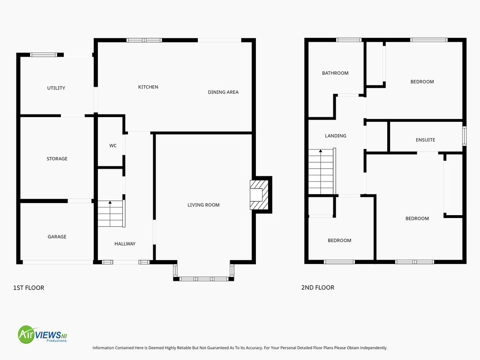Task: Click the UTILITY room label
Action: click(x=56, y=88)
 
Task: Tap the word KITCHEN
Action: click(x=148, y=87)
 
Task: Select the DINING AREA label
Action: click(x=223, y=92)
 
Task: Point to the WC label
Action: click(x=113, y=146)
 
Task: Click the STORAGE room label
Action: click(x=57, y=158)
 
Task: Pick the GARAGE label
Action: click(x=57, y=237)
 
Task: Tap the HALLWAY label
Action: click(x=125, y=244)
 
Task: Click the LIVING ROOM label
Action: click(x=203, y=205)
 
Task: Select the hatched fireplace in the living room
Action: click(x=259, y=195)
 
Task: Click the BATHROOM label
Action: click(x=335, y=73)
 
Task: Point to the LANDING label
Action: click(x=336, y=135)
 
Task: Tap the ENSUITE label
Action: click(x=426, y=140)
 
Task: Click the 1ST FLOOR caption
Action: click(x=29, y=288)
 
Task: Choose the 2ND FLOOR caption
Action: click(x=318, y=287)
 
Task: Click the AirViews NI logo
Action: click(x=42, y=334)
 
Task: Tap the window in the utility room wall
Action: click(x=44, y=55)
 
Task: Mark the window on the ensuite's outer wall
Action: click(x=465, y=136)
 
